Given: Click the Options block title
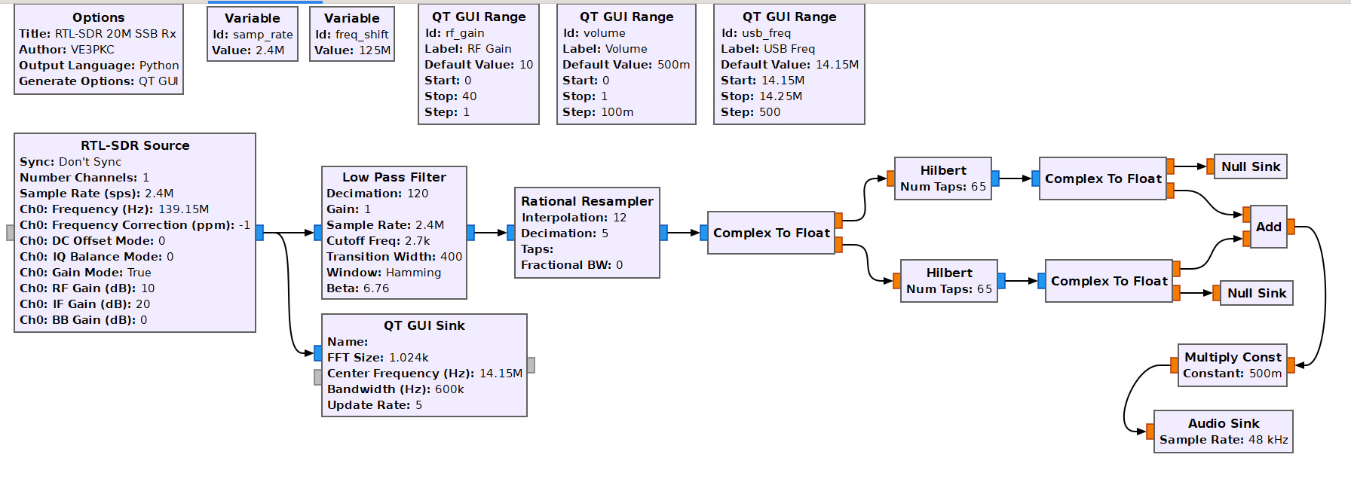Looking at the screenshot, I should coord(98,17).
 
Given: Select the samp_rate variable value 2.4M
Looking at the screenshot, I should coord(269,50).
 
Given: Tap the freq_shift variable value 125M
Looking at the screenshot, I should coord(375,50).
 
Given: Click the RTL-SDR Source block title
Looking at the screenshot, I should coord(135,145).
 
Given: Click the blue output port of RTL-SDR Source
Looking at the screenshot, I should coord(259,233).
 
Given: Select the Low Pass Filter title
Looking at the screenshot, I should coord(394,177).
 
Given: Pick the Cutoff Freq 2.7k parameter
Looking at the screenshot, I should coord(416,241).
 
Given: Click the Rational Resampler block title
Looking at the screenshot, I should coord(587,201).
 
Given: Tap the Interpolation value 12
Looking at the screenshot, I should coord(619,218).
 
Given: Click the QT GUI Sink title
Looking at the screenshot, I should coord(424,325).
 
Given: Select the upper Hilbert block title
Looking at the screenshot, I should coord(942,170).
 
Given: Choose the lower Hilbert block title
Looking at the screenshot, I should coord(948,273).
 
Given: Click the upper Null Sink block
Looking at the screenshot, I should coord(1250,166).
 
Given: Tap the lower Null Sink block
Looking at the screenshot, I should coord(1256,293).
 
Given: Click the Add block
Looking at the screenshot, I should coord(1268,227).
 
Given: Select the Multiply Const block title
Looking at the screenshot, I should coord(1232,357).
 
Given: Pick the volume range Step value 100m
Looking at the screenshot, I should coord(617,112).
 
